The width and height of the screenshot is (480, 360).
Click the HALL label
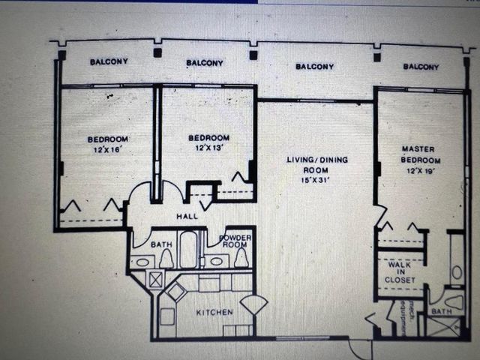pos(186,217)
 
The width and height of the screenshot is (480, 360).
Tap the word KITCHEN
pos(214,312)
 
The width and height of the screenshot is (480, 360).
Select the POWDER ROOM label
pos(234,241)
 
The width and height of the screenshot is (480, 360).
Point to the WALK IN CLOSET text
pos(401,272)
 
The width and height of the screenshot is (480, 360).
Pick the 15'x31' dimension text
pos(316,180)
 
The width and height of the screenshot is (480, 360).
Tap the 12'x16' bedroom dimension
pos(106,151)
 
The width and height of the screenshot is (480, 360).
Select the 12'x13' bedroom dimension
pos(208,148)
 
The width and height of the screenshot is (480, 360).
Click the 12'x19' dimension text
pos(421,172)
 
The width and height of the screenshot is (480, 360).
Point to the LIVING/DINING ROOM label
pos(316,165)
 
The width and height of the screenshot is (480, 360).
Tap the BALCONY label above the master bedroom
pos(421,67)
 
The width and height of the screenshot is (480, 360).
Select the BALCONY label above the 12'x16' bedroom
pos(109,61)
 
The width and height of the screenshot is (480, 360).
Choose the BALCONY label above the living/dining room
pos(314,67)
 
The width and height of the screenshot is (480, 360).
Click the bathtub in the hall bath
pos(187,250)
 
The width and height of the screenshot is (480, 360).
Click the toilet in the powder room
pos(241,258)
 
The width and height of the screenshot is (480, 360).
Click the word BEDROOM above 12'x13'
pos(208,138)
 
